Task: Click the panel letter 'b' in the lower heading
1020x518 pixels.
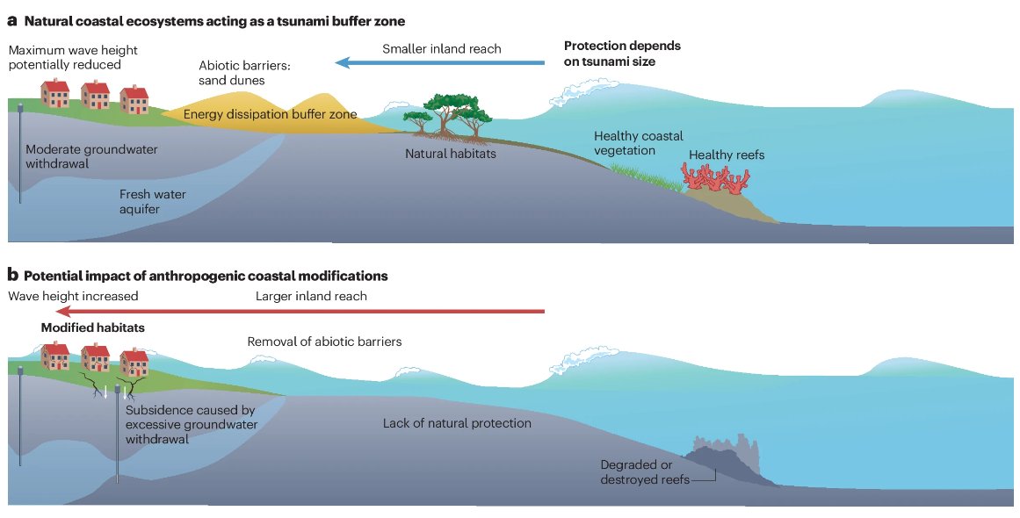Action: click(x=12, y=276)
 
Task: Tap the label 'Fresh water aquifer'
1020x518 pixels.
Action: click(x=152, y=201)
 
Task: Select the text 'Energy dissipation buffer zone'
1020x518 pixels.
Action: click(x=270, y=114)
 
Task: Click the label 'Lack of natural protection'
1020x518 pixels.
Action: click(x=457, y=423)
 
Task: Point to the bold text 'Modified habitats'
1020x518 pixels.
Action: click(x=92, y=327)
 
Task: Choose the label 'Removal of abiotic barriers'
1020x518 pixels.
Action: click(x=324, y=342)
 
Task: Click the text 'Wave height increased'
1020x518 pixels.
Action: click(x=73, y=297)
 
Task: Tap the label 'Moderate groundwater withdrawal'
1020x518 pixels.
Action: click(x=91, y=156)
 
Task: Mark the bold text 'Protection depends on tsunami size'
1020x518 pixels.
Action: click(x=622, y=54)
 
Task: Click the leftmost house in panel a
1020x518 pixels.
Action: click(x=56, y=93)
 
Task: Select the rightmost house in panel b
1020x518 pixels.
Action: click(x=134, y=363)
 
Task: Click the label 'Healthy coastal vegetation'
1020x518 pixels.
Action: click(x=638, y=143)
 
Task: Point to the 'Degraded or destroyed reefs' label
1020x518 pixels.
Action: click(x=645, y=471)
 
